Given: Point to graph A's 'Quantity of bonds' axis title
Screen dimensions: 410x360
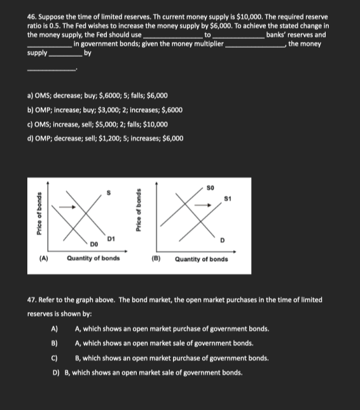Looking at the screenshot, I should (93, 258).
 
